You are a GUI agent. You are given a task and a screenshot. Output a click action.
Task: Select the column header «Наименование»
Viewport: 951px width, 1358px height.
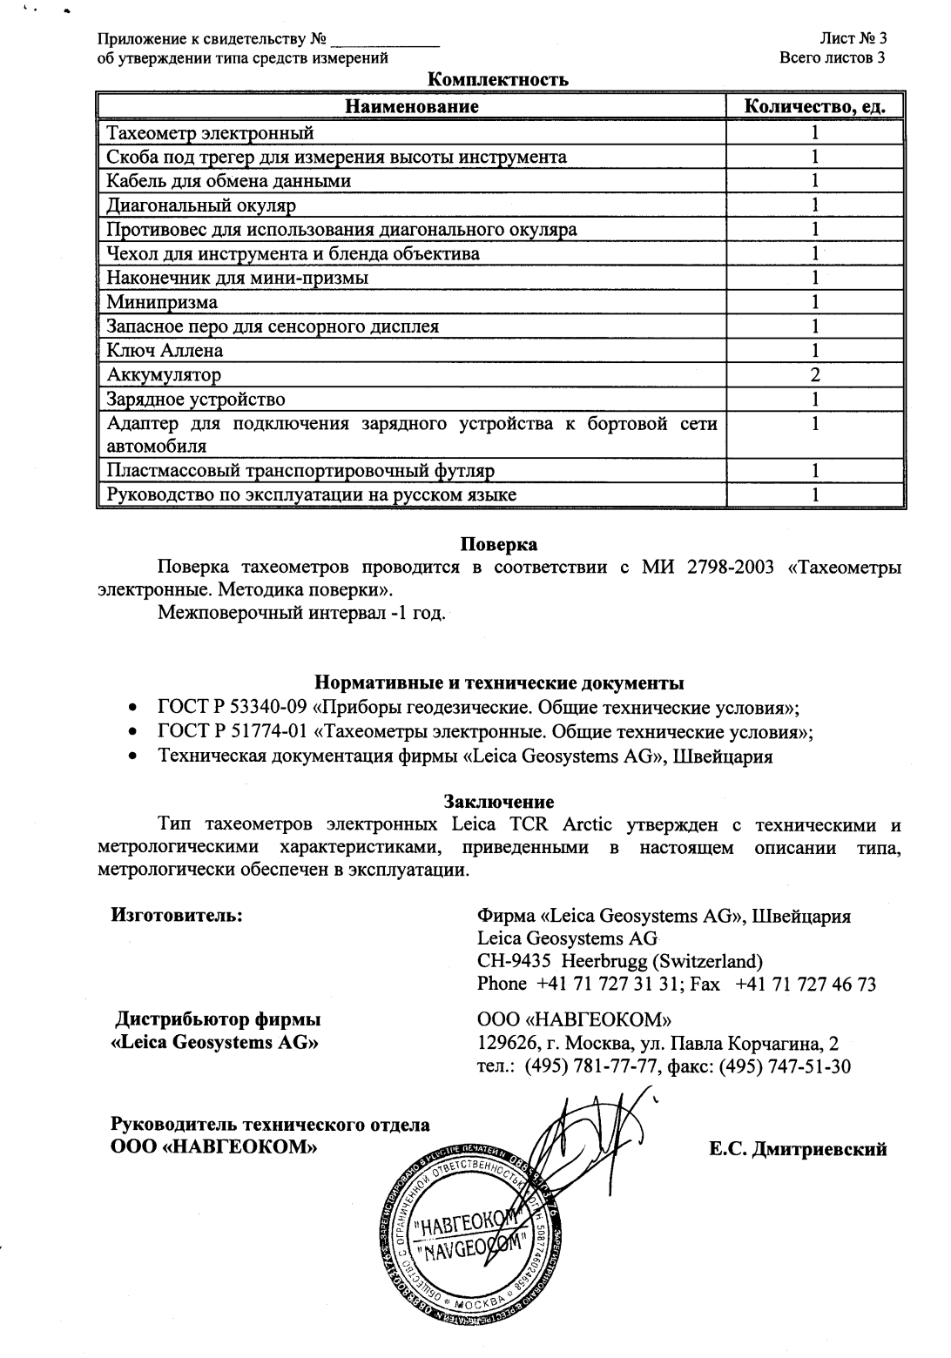point(412,107)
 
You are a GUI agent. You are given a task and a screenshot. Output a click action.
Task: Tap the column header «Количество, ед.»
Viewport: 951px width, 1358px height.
point(815,107)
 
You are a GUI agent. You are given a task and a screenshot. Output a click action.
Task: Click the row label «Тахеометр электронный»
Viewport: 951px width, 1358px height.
point(209,133)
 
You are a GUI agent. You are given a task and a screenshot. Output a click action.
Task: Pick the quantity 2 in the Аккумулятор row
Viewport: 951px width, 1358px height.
point(815,375)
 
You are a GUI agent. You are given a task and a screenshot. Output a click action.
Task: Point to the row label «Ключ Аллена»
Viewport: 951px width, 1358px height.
point(165,351)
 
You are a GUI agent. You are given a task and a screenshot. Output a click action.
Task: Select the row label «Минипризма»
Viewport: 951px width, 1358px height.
point(162,303)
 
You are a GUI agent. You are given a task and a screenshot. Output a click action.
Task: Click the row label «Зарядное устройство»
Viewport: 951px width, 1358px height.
point(196,400)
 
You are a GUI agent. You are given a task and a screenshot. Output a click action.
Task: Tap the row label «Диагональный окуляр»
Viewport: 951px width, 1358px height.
point(201,205)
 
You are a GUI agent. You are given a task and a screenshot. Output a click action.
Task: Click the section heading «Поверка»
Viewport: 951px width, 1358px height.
point(498,545)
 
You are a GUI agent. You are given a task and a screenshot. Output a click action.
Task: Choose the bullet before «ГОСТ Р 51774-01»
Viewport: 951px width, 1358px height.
point(132,732)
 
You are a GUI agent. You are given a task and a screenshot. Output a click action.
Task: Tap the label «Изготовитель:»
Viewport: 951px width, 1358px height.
point(176,916)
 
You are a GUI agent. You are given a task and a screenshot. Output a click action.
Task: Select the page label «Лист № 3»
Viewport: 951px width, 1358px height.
point(853,39)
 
